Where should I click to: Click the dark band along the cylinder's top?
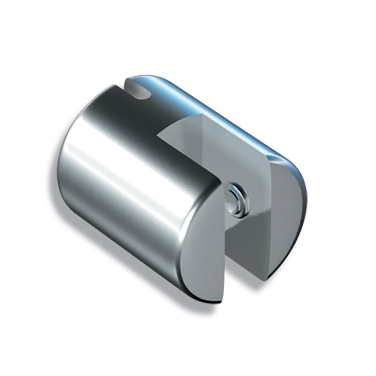141,117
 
